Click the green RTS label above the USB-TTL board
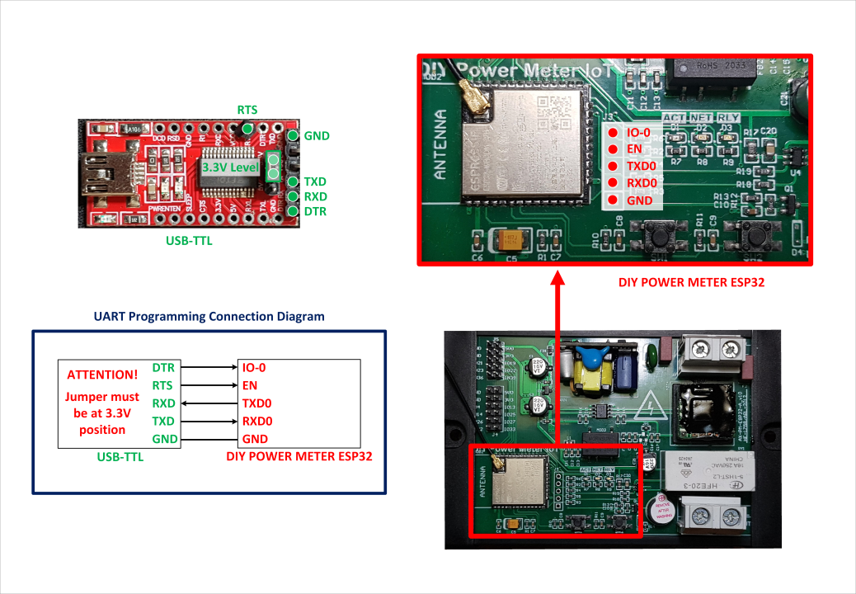pos(247,110)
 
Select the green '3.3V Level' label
pos(230,167)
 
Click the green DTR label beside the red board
pos(315,212)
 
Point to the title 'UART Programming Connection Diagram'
pos(209,316)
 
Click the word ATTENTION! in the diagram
pos(102,375)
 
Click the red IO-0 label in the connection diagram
pos(253,367)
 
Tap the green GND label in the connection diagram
pos(165,439)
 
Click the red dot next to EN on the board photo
pos(613,149)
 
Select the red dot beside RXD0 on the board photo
pos(613,183)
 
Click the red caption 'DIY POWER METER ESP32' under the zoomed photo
pos(691,282)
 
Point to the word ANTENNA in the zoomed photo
pos(440,145)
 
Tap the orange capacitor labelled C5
pos(504,240)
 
